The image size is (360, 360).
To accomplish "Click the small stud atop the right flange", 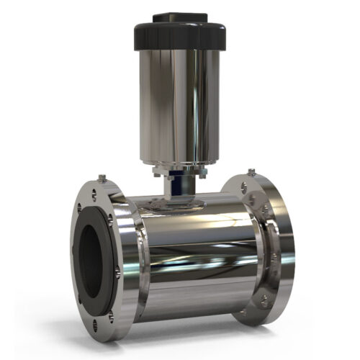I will click(251, 172).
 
